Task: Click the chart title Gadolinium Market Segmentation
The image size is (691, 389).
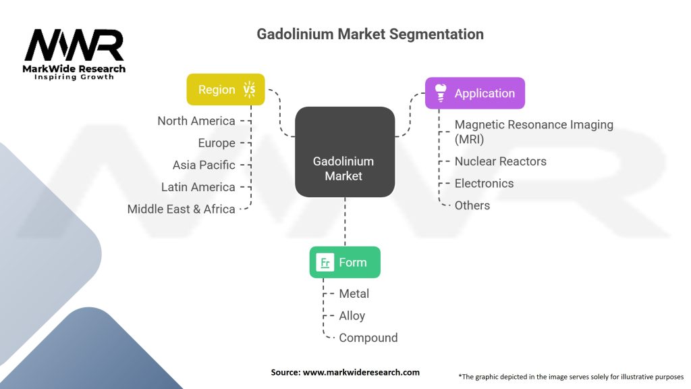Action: pyautogui.click(x=370, y=34)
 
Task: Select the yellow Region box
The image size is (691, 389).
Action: pyautogui.click(x=225, y=89)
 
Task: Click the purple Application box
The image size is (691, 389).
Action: pyautogui.click(x=474, y=93)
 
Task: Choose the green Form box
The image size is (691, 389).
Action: pyautogui.click(x=345, y=262)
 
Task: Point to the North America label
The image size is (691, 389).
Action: pyautogui.click(x=196, y=121)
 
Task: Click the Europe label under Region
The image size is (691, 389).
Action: pyautogui.click(x=217, y=143)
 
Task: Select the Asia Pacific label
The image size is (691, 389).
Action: pyautogui.click(x=204, y=165)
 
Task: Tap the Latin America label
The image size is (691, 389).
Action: pyautogui.click(x=198, y=187)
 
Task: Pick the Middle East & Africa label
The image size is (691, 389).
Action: pyautogui.click(x=182, y=209)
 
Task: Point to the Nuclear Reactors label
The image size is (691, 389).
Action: pyautogui.click(x=501, y=161)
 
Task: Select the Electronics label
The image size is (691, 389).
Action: pyautogui.click(x=484, y=184)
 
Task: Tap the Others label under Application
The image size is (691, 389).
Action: pyautogui.click(x=472, y=205)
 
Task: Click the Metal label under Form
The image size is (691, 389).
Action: pyautogui.click(x=354, y=294)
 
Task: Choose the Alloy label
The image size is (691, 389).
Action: pyautogui.click(x=352, y=315)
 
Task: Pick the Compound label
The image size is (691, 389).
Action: pyautogui.click(x=368, y=338)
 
